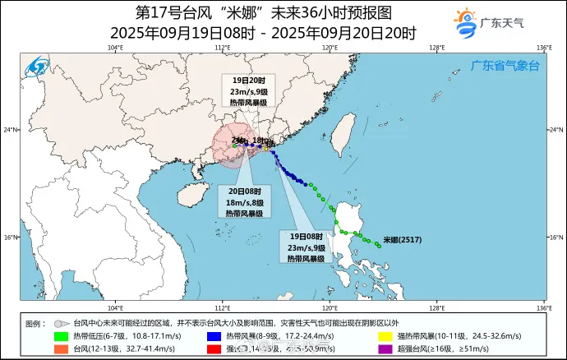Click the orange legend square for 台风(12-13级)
click(61, 348)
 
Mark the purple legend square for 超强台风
click(383, 348)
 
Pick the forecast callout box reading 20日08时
click(245, 201)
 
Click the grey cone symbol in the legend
click(61, 324)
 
